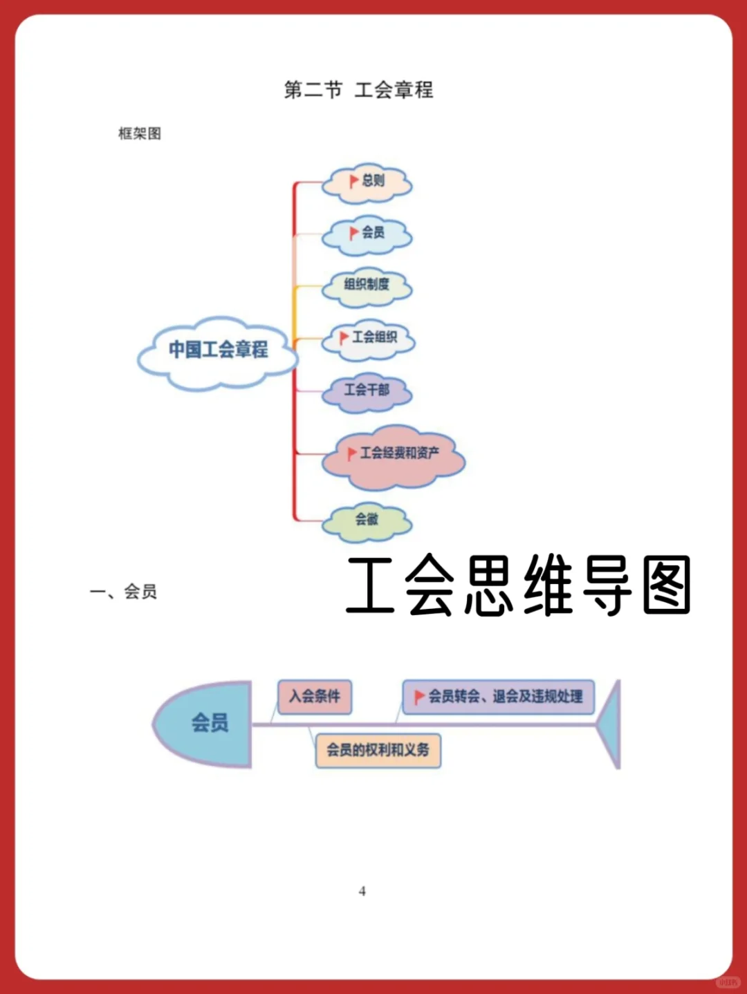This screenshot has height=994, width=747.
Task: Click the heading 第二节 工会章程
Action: pyautogui.click(x=358, y=90)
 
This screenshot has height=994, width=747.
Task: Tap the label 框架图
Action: pyautogui.click(x=140, y=133)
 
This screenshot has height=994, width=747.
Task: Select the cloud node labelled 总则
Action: pyautogui.click(x=367, y=183)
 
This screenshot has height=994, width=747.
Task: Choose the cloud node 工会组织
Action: pyautogui.click(x=369, y=339)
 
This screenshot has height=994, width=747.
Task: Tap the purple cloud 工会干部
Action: pyautogui.click(x=367, y=391)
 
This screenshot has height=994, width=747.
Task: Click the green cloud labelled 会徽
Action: pyautogui.click(x=367, y=521)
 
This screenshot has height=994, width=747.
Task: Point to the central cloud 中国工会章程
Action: pyautogui.click(x=218, y=351)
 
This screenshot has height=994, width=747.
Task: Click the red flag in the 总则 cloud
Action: pyautogui.click(x=353, y=181)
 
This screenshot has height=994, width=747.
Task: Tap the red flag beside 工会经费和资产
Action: pyautogui.click(x=352, y=453)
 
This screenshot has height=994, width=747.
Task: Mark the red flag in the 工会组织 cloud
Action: pyautogui.click(x=344, y=337)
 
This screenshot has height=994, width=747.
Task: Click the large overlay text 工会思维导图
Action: pyautogui.click(x=518, y=586)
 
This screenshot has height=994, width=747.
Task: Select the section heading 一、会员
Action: pyautogui.click(x=124, y=592)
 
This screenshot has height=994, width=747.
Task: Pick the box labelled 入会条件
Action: pyautogui.click(x=315, y=696)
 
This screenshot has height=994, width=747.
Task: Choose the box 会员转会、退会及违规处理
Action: pyautogui.click(x=499, y=696)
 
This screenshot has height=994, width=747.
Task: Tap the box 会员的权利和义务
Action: pyautogui.click(x=378, y=751)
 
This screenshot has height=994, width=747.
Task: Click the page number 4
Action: pyautogui.click(x=362, y=892)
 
